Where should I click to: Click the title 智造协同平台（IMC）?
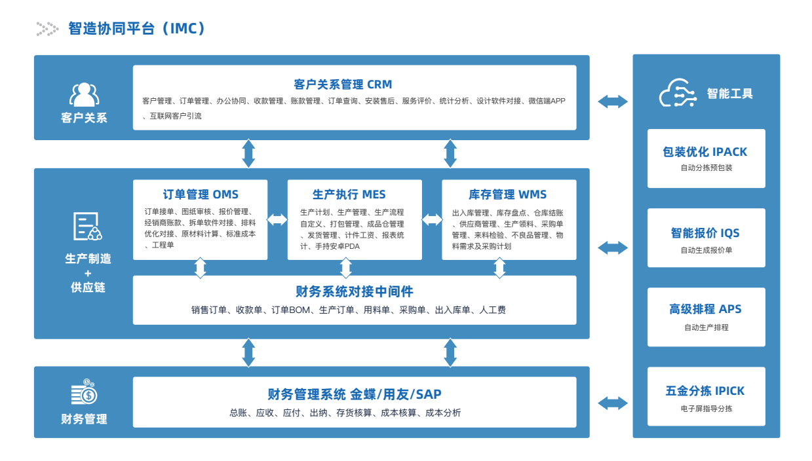138,28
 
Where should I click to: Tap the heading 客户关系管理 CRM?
343,84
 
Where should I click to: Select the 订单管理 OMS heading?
201,194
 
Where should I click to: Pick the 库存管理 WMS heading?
507,194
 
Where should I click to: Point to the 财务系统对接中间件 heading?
355,291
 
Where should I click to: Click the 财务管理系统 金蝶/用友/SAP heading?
355,394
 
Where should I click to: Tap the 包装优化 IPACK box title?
705,152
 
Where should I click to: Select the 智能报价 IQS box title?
705,233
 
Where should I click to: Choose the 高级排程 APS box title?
705,309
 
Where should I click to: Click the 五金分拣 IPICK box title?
705,391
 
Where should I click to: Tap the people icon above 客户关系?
84,95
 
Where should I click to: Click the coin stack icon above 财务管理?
84,394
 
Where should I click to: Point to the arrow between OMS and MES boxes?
277,220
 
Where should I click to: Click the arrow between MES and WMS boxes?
432,220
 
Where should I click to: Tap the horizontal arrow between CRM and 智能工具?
613,101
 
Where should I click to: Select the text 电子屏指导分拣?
706,409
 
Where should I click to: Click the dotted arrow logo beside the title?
47,28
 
